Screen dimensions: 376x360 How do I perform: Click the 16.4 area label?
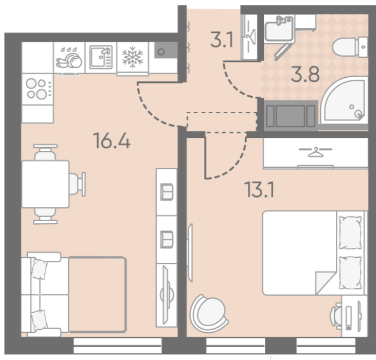point(112,141)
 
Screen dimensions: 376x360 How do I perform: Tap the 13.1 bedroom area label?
point(259,189)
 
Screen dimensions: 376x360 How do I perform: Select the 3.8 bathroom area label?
point(305,74)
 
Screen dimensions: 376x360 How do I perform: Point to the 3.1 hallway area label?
point(222,39)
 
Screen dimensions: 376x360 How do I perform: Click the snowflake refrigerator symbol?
point(132,57)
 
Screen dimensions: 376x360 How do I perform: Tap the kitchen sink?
point(101,57)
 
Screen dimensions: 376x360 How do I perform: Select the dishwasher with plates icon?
point(69,58)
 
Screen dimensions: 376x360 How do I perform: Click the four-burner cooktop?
point(37,89)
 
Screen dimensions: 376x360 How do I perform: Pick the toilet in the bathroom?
point(350,47)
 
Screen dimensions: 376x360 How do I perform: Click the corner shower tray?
point(344,101)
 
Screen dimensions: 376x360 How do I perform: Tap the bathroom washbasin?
point(279,29)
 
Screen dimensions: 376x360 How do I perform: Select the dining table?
point(46,184)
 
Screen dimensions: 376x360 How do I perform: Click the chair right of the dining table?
point(77,184)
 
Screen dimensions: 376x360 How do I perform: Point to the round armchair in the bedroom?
point(209,313)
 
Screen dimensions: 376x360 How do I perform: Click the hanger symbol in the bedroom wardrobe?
point(315,152)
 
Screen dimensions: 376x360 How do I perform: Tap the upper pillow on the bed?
point(350,232)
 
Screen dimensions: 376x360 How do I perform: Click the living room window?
point(118,346)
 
